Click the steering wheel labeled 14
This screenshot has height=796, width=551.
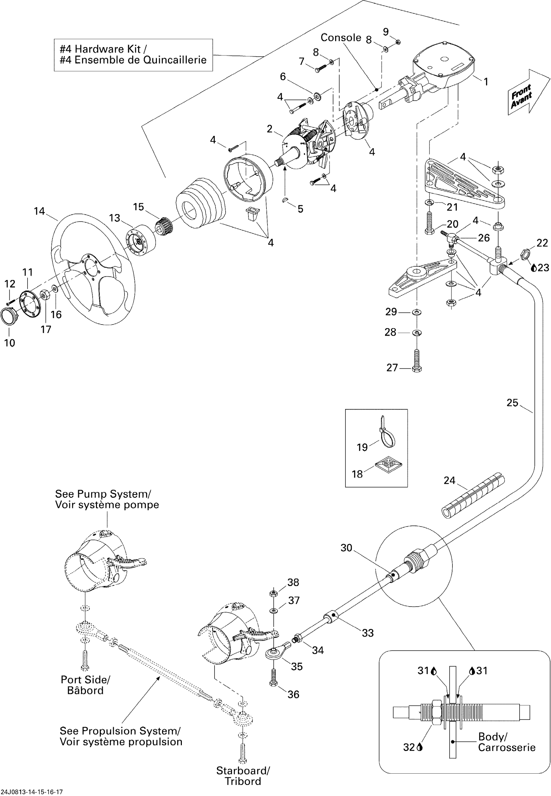pos(93,269)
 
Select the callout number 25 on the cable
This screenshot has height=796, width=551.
pos(512,403)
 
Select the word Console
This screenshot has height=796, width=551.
pos(340,37)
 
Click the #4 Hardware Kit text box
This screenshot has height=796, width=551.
pos(133,55)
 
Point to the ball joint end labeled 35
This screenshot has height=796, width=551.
pos(275,651)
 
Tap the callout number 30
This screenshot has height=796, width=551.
pos(346,548)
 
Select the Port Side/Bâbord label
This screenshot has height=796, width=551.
pos(85,685)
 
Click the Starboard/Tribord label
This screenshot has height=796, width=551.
pos(243,776)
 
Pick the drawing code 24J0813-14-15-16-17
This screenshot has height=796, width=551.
pos(32,792)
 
